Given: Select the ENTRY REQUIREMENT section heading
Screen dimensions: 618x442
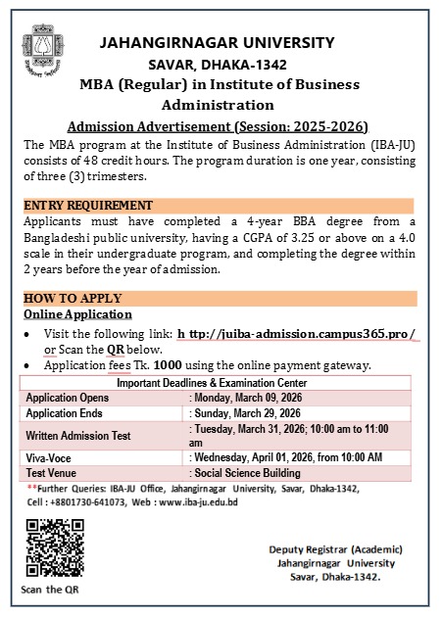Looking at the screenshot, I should tap(88, 206).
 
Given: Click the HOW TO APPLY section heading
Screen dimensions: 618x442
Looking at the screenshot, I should tap(73, 298).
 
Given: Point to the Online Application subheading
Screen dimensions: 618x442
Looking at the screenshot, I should tap(77, 314).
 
